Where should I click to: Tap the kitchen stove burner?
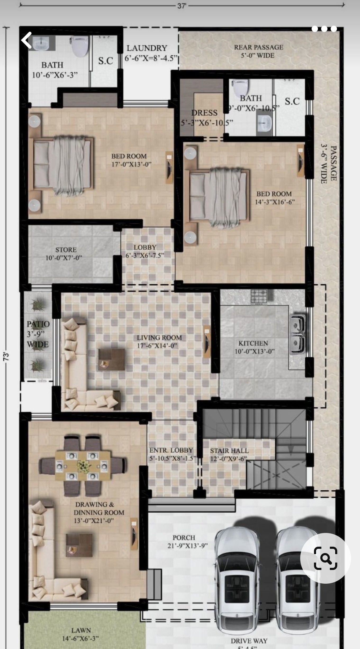click(259, 297)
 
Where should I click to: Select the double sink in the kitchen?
click(297, 334)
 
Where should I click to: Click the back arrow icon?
click(27, 40)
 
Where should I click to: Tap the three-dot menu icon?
click(324, 29)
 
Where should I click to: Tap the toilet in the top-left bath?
click(79, 46)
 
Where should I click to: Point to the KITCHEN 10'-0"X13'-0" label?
click(254, 347)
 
